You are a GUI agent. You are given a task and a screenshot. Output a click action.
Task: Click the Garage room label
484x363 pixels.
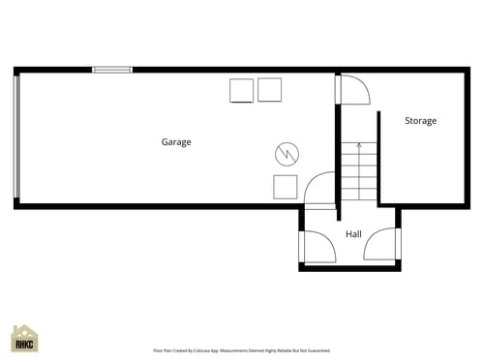[x=176, y=142]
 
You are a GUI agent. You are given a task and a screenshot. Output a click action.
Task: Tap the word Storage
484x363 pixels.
[x=420, y=121]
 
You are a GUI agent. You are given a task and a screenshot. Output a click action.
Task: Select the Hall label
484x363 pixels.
[x=353, y=234]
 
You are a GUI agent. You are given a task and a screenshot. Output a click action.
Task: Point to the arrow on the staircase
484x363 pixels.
[x=358, y=148]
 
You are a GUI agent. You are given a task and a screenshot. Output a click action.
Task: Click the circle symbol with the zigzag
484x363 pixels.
[x=287, y=153]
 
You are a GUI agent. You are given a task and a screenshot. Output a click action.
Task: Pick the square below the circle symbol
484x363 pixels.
[x=285, y=187]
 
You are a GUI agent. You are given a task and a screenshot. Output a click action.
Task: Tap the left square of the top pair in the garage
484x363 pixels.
[x=241, y=90]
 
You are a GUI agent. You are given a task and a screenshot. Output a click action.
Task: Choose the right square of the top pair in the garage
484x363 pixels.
[x=270, y=89]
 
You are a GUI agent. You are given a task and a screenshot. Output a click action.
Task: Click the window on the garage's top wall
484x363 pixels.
[x=111, y=70]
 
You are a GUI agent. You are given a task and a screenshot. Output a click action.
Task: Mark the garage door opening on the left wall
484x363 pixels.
[x=15, y=136]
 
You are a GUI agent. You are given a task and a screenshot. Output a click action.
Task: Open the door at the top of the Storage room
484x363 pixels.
[x=352, y=89]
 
